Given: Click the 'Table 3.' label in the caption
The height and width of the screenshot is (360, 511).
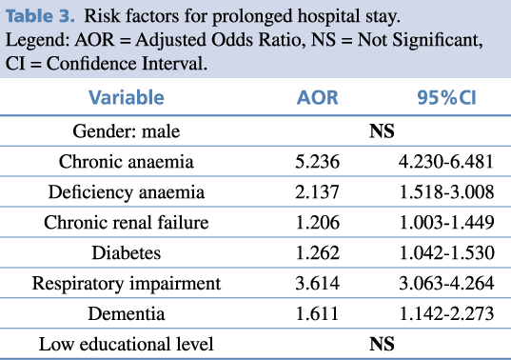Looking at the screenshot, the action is tap(40, 15).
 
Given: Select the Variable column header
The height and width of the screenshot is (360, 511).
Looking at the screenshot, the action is tap(127, 97).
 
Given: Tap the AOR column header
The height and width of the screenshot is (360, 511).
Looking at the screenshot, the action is tap(318, 97).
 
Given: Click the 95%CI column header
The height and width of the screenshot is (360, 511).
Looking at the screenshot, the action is tap(447, 97).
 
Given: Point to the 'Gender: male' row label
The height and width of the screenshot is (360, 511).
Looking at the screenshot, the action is tap(127, 131).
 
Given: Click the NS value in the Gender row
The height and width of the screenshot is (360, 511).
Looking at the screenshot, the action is tap(382, 131).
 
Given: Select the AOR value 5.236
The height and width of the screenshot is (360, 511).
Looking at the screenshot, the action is tap(318, 161).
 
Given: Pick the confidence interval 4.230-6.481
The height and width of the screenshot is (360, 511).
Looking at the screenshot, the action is tap(446, 161).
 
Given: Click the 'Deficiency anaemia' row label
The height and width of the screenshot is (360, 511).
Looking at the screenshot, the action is tap(127, 191).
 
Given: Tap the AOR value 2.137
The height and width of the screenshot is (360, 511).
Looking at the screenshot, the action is tap(318, 191).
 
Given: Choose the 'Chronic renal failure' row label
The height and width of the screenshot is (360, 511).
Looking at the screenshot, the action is tap(127, 222).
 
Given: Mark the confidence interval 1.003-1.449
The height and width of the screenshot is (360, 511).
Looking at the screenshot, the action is tap(446, 222).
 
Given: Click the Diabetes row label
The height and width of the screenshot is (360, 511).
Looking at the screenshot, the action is tap(127, 252).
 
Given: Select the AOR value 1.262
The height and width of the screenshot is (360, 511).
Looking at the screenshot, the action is tap(318, 252).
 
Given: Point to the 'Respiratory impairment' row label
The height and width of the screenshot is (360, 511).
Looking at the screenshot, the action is tap(127, 283).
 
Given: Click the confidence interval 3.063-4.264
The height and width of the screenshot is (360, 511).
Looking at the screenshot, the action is tap(446, 283).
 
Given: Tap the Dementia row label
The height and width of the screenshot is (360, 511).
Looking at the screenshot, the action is tap(127, 313).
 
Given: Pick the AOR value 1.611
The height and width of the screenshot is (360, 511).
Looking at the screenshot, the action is tap(318, 313).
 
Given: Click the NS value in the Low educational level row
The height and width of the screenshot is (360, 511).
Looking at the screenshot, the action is tap(382, 344).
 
